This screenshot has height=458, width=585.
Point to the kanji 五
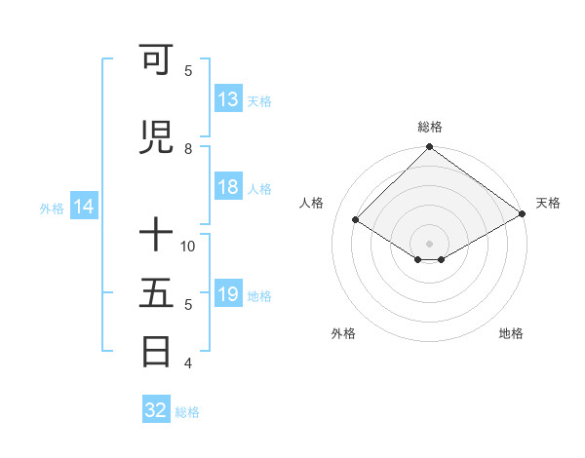[156, 292]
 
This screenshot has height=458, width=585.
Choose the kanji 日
[156, 351]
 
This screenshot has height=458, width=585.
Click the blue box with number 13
[228, 99]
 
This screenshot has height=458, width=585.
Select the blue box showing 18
[228, 188]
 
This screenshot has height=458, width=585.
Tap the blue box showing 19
[228, 295]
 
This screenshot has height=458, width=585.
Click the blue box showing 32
[156, 410]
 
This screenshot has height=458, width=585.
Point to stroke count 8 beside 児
[188, 148]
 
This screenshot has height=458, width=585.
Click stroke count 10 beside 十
[188, 246]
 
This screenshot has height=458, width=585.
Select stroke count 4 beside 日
[188, 363]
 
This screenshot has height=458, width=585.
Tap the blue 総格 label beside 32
[188, 412]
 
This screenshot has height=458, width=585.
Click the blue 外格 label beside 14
[51, 208]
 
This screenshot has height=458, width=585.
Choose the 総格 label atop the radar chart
[429, 127]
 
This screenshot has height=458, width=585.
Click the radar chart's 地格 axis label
[511, 333]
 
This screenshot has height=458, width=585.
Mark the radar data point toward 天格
[523, 215]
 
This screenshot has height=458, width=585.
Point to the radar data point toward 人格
[356, 220]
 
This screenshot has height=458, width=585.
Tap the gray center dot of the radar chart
[429, 242]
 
